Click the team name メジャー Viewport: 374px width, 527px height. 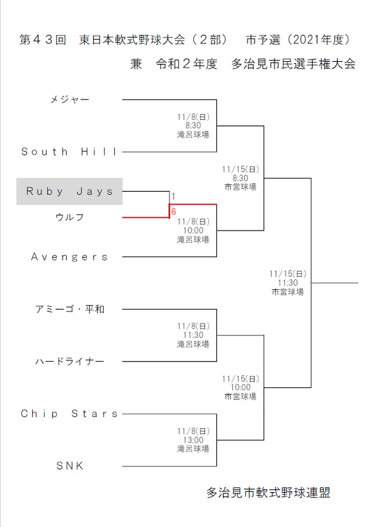click(x=70, y=99)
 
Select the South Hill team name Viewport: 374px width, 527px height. click(x=69, y=152)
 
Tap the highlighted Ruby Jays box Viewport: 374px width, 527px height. click(x=69, y=191)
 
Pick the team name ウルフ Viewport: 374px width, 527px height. click(x=70, y=217)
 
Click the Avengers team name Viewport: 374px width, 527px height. click(x=69, y=257)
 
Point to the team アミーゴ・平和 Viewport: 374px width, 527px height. click(x=70, y=309)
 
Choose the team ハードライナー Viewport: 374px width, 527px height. click(x=70, y=361)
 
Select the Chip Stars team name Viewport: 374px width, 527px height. click(x=69, y=414)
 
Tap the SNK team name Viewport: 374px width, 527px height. click(x=70, y=466)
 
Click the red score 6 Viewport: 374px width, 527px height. click(x=173, y=211)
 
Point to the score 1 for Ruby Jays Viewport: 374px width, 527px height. click(x=173, y=196)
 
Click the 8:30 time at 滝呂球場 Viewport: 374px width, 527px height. click(x=193, y=126)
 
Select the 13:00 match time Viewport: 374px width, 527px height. click(x=193, y=440)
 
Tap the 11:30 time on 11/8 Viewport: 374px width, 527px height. click(x=193, y=335)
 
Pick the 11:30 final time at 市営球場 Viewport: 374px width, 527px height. click(x=288, y=283)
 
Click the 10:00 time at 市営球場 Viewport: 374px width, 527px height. click(x=240, y=387)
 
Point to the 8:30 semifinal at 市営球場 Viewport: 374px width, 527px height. click(x=240, y=178)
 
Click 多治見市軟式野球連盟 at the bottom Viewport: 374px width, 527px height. click(x=268, y=493)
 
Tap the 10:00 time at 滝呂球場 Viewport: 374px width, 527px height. click(x=193, y=231)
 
